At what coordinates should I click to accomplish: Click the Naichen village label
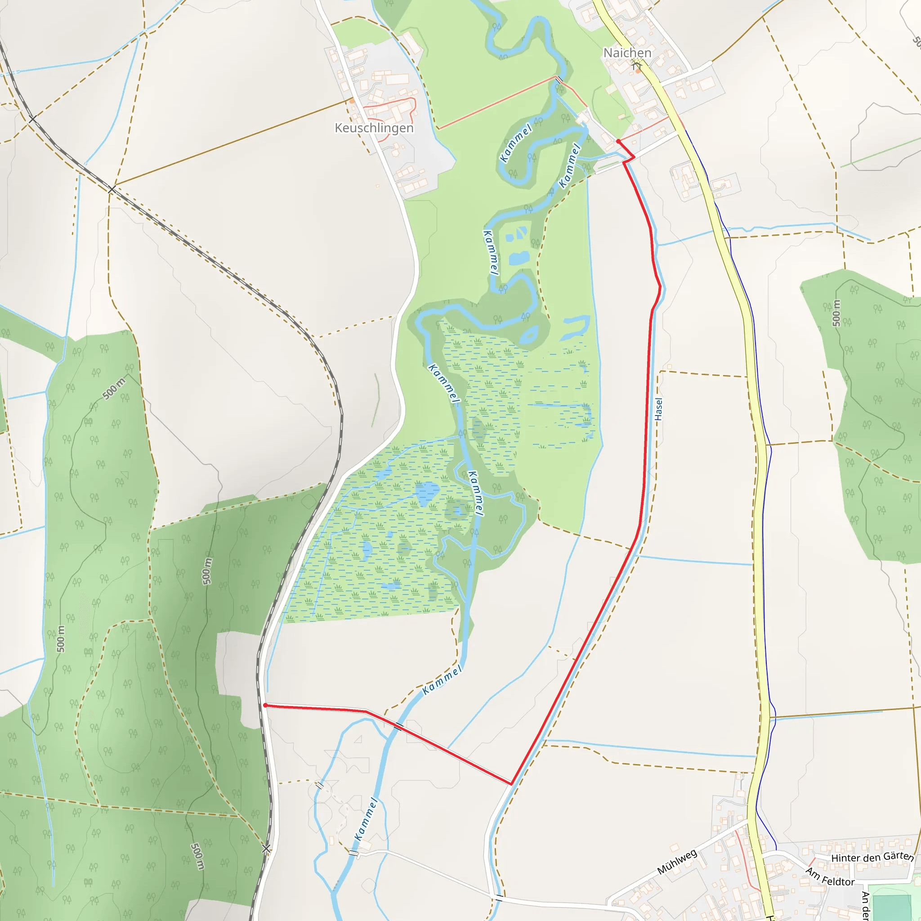pos(627,53)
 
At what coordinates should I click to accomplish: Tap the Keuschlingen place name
pos(374,128)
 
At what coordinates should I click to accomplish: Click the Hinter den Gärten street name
pos(872,857)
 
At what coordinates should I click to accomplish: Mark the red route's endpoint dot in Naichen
pos(618,142)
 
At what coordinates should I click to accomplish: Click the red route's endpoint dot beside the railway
pos(265,705)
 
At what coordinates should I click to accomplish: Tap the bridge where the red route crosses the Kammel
pos(399,726)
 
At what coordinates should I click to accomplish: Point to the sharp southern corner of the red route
pos(511,783)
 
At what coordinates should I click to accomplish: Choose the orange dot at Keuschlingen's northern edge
pos(352,101)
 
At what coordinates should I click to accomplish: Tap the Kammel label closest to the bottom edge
pos(366,819)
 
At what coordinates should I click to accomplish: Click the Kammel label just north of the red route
pos(442,680)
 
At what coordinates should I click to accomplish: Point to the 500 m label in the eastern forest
pos(836,313)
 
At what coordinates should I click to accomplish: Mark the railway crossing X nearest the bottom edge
pos(266,849)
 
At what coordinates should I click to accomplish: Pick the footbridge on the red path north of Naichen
pos(558,80)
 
